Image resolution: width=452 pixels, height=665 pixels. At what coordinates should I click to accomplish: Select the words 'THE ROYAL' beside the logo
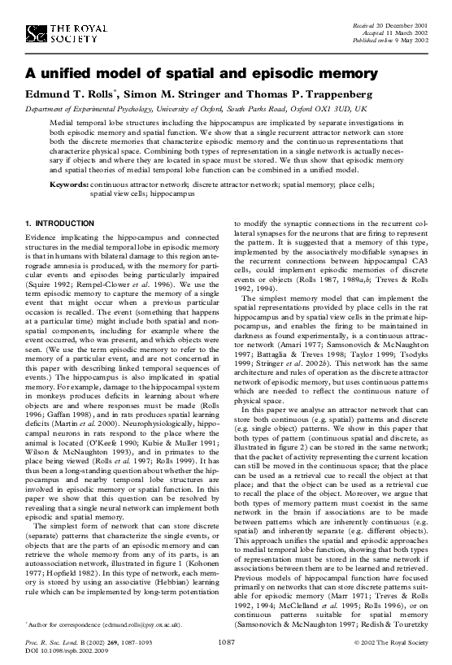point(76,27)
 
